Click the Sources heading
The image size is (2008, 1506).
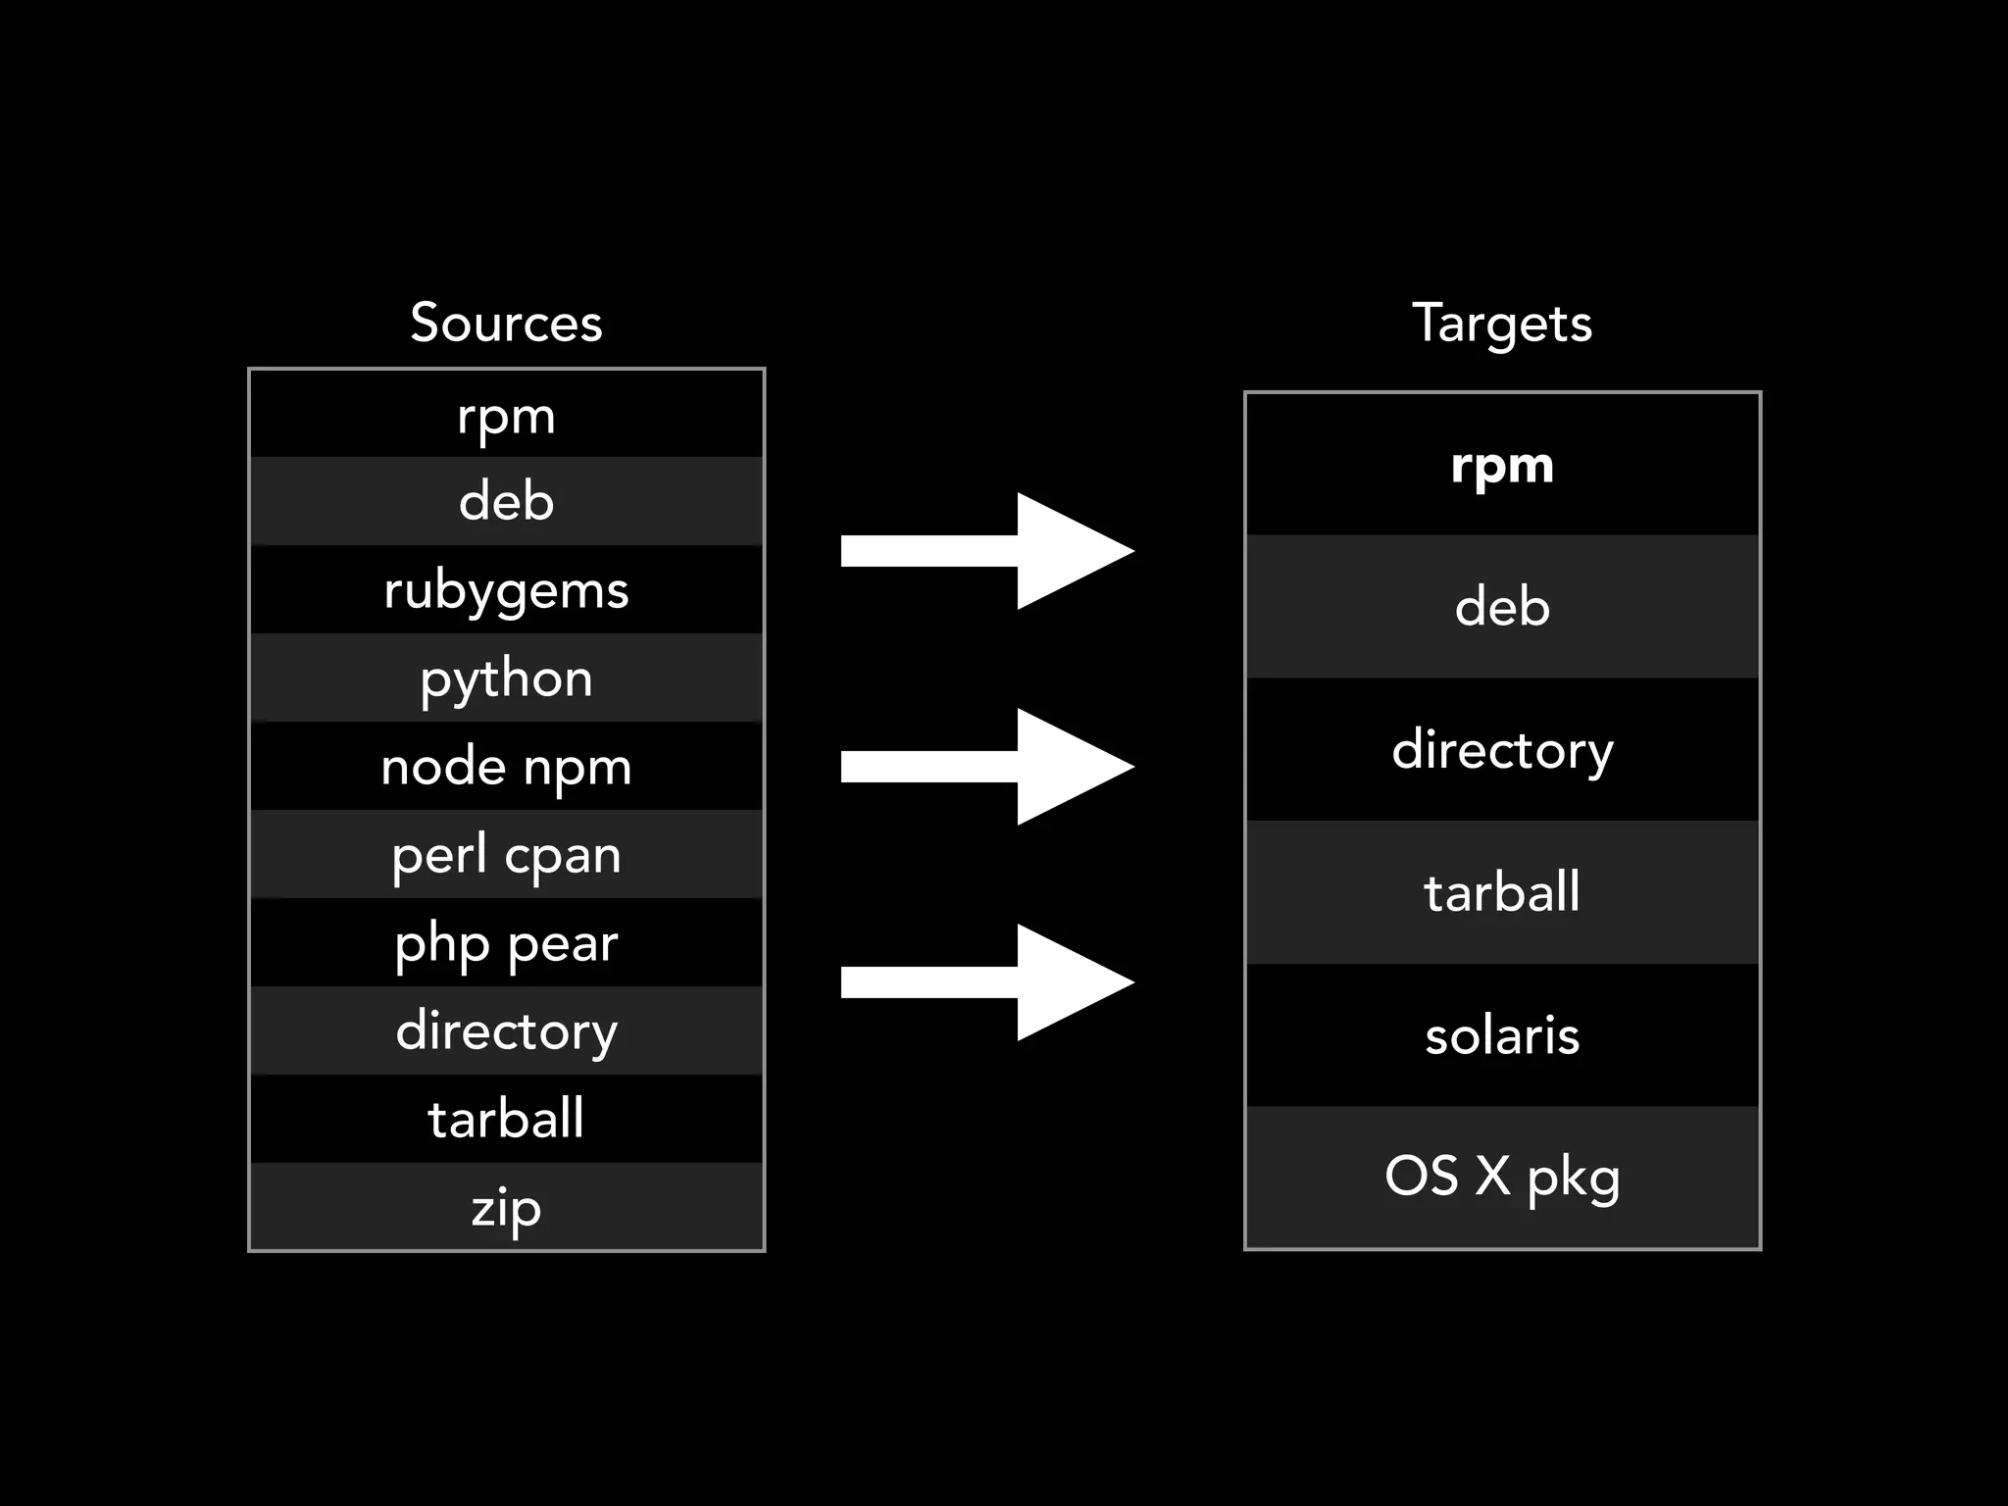[506, 323]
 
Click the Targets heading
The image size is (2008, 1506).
[1501, 323]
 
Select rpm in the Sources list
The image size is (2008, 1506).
[506, 415]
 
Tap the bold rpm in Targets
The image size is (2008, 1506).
[1502, 465]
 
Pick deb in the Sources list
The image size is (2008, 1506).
[506, 501]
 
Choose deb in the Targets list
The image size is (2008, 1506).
[1502, 607]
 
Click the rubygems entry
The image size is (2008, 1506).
[506, 589]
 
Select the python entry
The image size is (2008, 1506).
[506, 678]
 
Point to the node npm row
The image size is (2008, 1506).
[506, 766]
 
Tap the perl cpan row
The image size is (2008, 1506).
[506, 854]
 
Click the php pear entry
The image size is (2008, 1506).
[506, 942]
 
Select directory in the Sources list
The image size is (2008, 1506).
[506, 1030]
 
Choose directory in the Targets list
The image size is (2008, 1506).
[1502, 750]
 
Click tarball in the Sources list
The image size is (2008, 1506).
[506, 1119]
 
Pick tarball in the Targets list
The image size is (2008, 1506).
[1502, 892]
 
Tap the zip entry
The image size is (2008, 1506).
[506, 1207]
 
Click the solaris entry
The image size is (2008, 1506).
[1502, 1035]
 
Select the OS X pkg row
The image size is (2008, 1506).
[1502, 1177]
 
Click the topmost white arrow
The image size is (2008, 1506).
[986, 551]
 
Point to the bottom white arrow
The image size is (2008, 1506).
[986, 982]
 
